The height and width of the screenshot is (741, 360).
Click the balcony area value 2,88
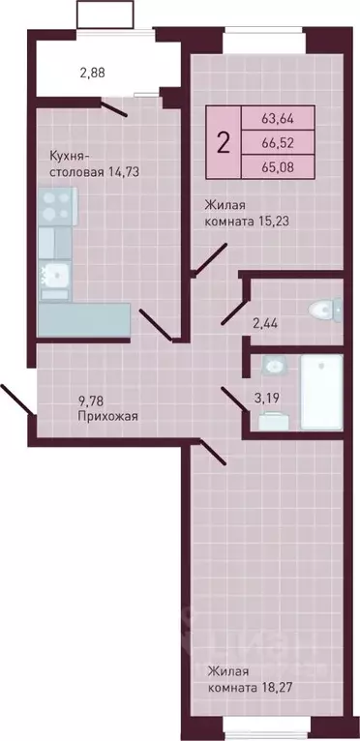click(x=95, y=72)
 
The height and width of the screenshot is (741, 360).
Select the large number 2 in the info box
click(x=225, y=144)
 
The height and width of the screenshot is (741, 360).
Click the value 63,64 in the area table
click(x=278, y=120)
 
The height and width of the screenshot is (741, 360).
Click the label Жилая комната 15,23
click(x=247, y=212)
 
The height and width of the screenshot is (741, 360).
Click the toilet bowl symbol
click(x=321, y=310)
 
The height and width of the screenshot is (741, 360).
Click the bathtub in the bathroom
click(x=320, y=393)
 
